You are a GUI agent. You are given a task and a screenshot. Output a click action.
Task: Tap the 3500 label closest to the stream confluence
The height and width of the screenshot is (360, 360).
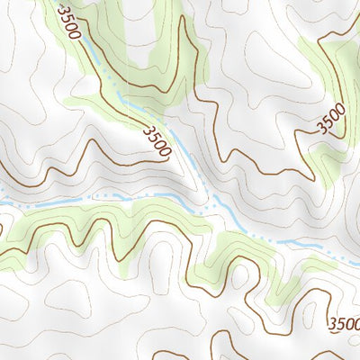156,140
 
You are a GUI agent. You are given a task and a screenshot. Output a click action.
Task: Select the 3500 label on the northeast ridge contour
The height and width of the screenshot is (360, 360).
331,120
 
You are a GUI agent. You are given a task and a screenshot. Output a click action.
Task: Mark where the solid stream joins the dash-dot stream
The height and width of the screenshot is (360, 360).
216,205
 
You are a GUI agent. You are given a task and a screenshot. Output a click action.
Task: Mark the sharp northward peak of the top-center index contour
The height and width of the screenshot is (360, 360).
183,18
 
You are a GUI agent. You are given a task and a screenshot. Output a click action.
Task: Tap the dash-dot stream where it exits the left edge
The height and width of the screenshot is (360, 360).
3,203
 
